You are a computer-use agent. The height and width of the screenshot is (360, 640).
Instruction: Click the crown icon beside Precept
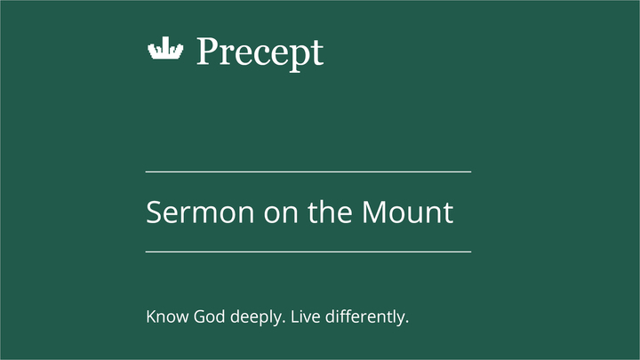[x=164, y=51]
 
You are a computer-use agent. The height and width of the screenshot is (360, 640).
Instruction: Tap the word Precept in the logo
[x=260, y=52]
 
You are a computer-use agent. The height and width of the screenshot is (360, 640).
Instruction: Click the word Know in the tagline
[x=164, y=316]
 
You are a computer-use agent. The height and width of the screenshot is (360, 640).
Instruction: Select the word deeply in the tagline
[x=252, y=317]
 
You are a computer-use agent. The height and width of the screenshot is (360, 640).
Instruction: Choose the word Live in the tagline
[x=304, y=316]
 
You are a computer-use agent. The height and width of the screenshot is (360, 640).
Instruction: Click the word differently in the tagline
[x=367, y=316]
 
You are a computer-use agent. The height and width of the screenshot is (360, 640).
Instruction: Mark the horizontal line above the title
[x=308, y=172]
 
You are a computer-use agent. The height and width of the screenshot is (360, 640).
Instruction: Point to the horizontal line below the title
[x=308, y=252]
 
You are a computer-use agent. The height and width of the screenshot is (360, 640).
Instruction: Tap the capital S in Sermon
[x=154, y=213]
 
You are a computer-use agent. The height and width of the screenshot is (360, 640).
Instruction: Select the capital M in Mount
[x=375, y=213]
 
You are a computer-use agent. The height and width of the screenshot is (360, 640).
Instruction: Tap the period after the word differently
[x=406, y=320]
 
